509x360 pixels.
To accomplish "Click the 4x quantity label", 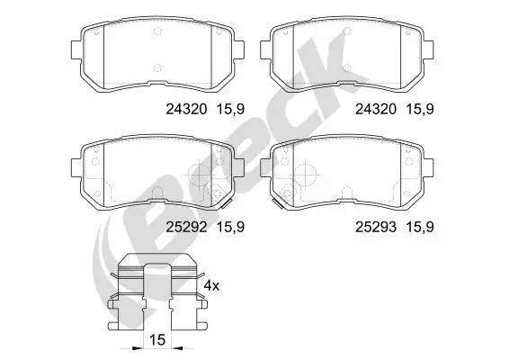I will [x=210, y=285].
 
